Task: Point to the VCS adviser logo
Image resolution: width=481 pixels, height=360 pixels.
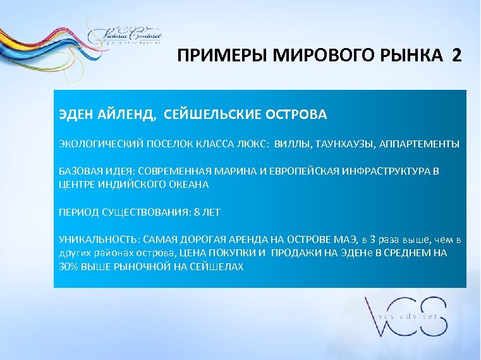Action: pos(405,317)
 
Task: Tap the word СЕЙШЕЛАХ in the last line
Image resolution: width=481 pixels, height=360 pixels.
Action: pos(217,267)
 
